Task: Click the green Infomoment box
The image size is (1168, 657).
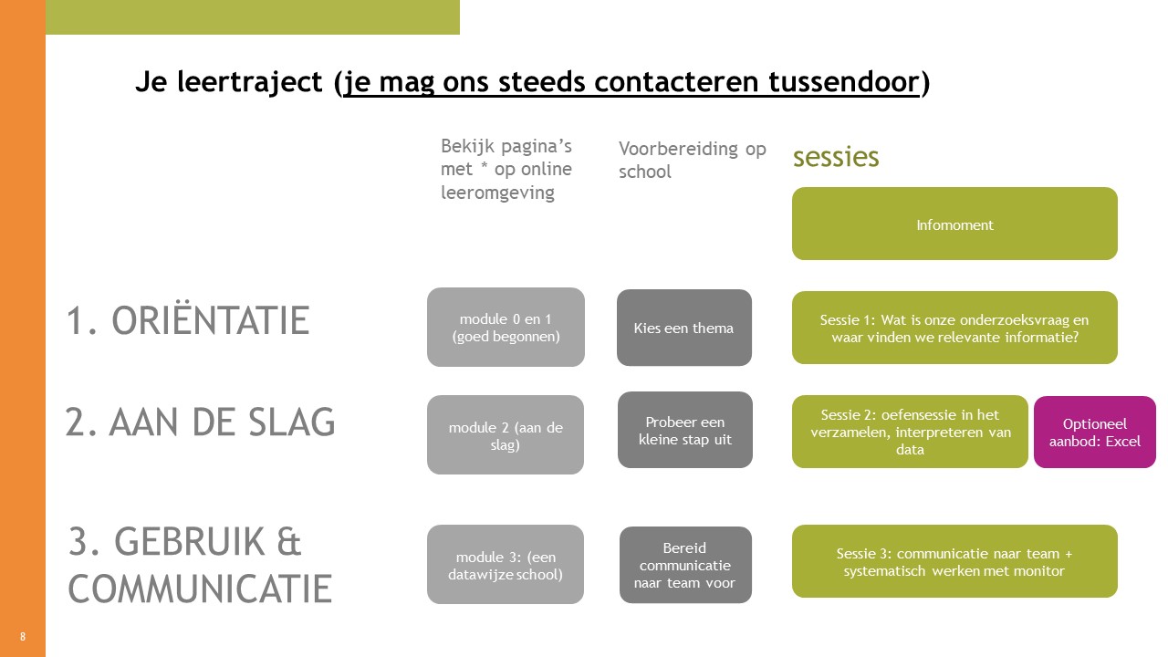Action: point(954,224)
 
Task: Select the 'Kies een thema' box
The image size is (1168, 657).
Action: point(684,328)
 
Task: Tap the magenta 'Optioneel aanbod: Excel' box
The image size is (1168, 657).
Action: point(1094,432)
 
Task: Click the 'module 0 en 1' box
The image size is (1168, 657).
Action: point(506,327)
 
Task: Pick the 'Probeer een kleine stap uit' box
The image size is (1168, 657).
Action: point(684,430)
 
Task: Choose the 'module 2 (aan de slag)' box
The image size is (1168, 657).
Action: point(506,434)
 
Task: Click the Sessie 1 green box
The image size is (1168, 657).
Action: point(954,328)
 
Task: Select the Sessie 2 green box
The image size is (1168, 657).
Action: point(910,432)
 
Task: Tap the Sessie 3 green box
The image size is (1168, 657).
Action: point(954,561)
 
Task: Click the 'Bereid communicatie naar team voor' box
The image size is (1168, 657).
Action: point(685,565)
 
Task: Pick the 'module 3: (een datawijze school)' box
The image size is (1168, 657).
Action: point(506,564)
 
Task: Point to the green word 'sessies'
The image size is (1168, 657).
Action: point(836,157)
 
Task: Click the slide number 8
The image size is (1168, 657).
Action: point(23,636)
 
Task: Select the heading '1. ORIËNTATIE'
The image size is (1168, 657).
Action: point(188,320)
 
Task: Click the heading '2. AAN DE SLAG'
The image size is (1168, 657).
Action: point(200,422)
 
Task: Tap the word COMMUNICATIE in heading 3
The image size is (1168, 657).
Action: point(200,589)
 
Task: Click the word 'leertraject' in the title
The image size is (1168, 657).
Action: point(250,82)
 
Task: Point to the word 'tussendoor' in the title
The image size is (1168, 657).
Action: point(843,82)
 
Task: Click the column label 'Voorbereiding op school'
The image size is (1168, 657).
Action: point(692,160)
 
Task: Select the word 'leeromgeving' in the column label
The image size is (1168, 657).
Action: point(497,193)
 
